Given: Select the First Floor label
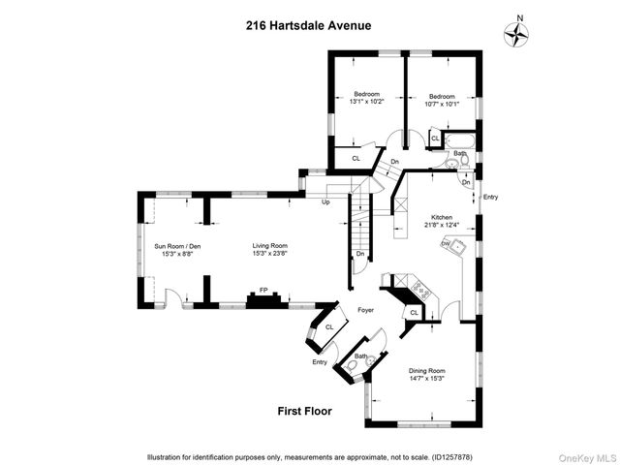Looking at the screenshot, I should point(304,412).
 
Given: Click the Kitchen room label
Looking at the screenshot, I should point(442,217).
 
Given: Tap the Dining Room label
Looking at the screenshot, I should point(426,370).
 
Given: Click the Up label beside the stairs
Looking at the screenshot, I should point(325,202).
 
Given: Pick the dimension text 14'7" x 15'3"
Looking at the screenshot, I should point(426,379).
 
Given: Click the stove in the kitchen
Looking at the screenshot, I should point(420,287).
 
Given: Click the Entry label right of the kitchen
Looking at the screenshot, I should point(490,198).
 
